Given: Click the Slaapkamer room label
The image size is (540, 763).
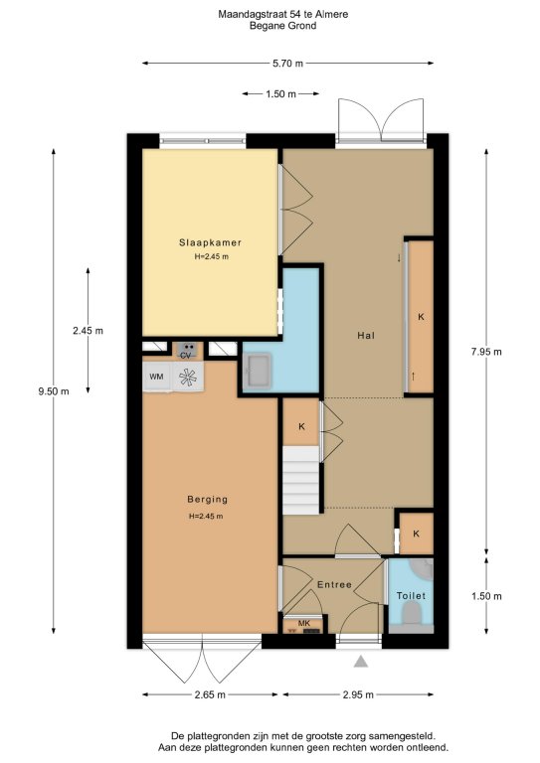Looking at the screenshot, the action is [210, 242].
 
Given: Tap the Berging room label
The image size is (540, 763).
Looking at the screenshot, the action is [208, 500].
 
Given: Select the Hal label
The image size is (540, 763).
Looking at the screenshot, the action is [366, 335].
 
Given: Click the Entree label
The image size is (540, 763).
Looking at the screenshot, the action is [334, 584].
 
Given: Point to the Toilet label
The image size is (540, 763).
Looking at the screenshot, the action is [411, 596].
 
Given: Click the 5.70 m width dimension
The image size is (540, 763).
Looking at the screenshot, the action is [287, 64].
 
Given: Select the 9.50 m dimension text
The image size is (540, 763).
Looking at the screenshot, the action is [54, 391].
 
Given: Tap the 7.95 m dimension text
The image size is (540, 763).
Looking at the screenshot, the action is [486, 352].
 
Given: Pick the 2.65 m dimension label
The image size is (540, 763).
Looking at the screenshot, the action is [210, 694].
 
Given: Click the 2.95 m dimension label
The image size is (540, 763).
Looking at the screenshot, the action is [358, 694].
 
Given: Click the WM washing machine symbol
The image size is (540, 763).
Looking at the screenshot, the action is [157, 377].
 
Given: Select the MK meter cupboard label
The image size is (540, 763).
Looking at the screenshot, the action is [304, 623].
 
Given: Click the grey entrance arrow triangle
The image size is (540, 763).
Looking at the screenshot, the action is [360, 662].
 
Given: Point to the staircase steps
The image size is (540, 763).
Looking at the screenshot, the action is [301, 480].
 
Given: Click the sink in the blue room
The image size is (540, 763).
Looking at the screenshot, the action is [258, 371].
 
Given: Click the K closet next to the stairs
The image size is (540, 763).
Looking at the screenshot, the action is [301, 427].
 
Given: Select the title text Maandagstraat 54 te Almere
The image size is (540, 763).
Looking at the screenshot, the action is [282, 15].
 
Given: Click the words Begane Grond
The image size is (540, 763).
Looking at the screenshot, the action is [282, 26].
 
